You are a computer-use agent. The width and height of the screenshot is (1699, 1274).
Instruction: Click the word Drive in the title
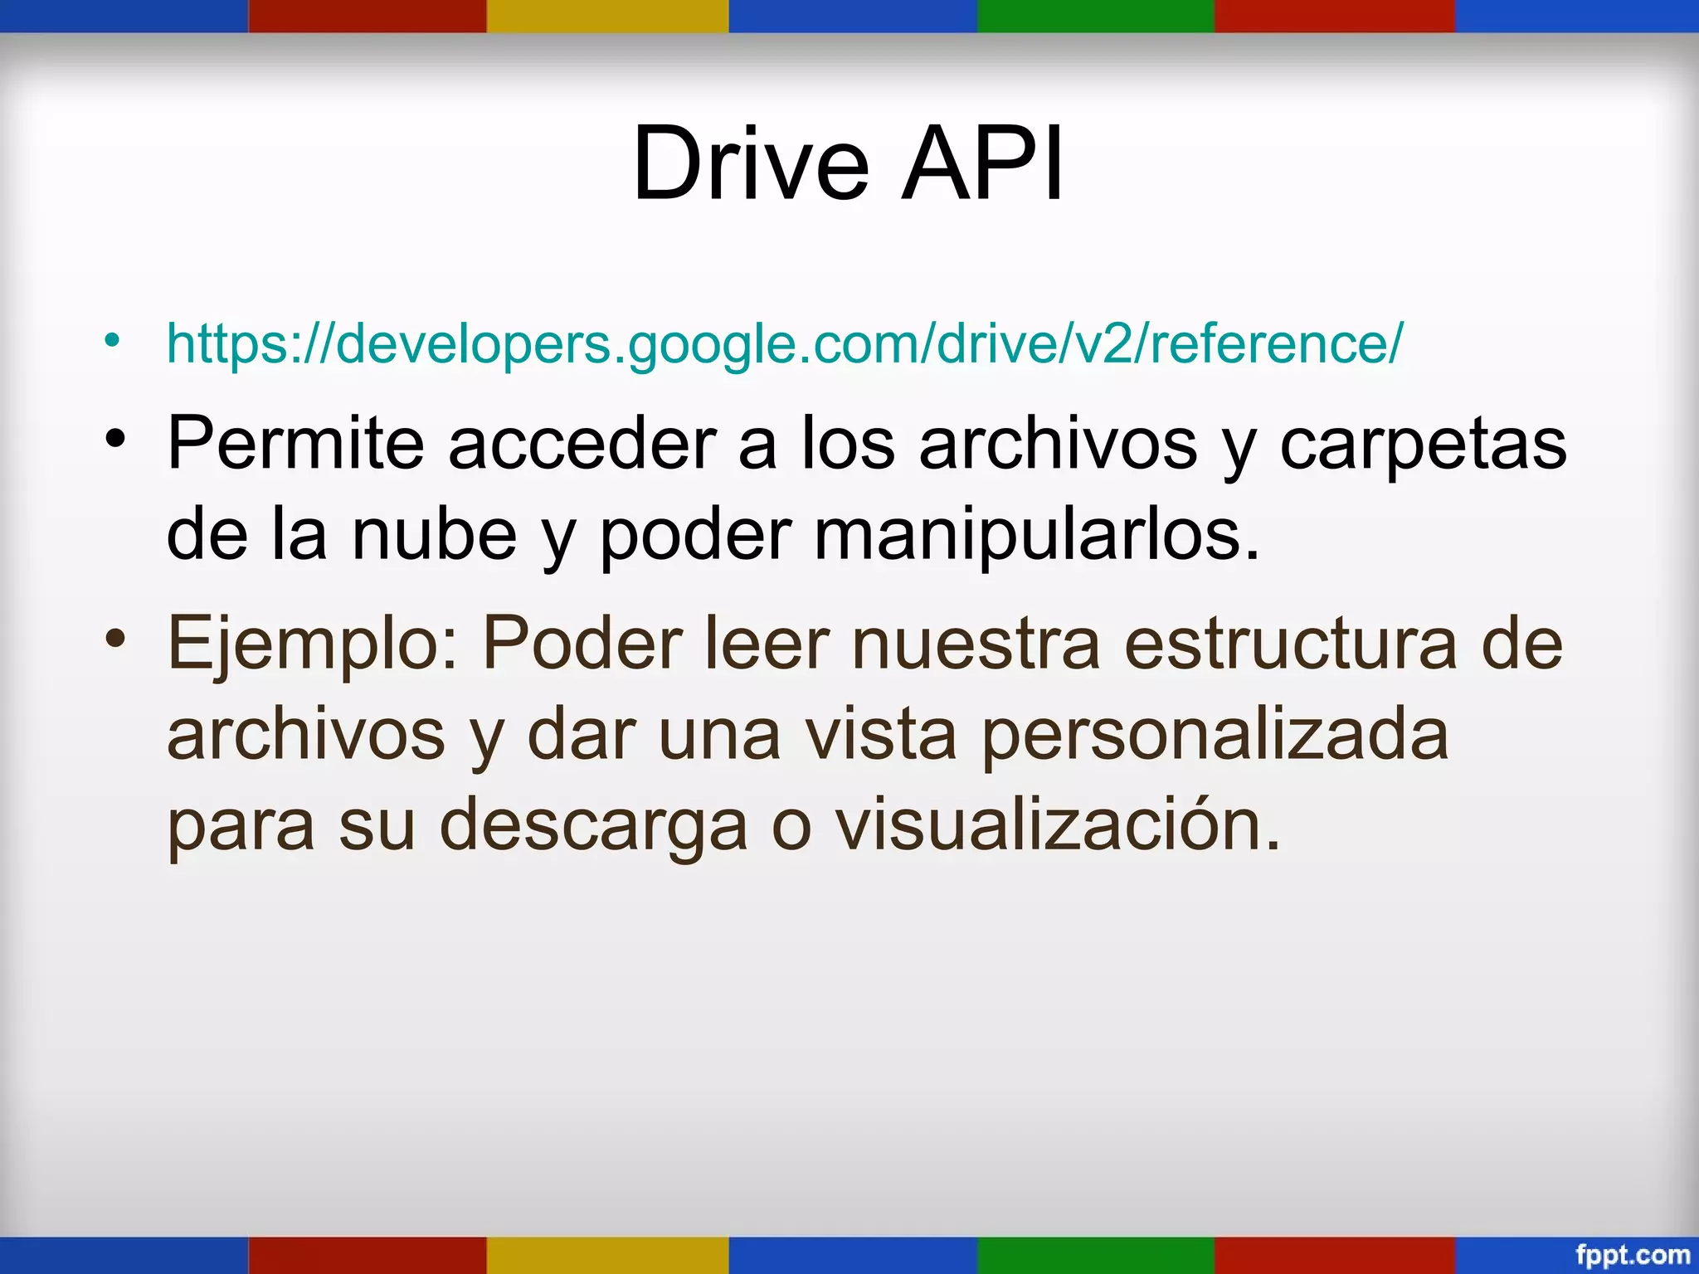point(751,163)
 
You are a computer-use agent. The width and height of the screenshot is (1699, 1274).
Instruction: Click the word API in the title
point(982,163)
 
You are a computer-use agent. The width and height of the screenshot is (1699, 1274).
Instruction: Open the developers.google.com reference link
point(784,343)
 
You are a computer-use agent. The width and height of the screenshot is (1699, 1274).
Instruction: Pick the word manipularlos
point(1037,537)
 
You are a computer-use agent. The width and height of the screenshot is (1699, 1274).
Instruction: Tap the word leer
point(767,644)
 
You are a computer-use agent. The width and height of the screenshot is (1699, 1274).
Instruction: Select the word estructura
point(1290,644)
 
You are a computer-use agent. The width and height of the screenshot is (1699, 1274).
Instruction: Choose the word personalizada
point(1215,737)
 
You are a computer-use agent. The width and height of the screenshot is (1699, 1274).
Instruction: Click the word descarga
point(593,828)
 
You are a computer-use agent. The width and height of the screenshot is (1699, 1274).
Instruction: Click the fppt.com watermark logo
point(1633,1255)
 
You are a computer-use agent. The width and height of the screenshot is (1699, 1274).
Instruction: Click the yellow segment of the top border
point(607,16)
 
